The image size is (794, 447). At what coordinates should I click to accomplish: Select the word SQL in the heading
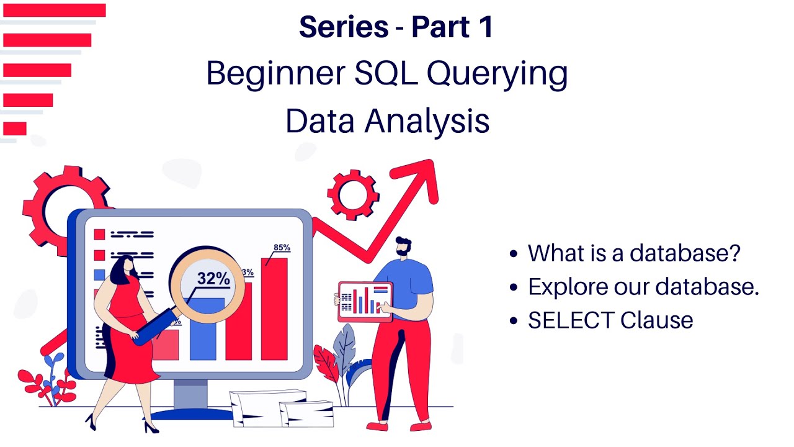click(x=378, y=74)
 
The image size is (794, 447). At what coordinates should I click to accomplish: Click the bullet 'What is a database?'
click(x=634, y=253)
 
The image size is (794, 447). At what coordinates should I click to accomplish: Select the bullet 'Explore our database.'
click(x=643, y=287)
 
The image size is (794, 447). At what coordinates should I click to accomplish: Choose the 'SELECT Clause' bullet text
click(x=610, y=320)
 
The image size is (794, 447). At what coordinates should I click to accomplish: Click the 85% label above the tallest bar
click(x=282, y=248)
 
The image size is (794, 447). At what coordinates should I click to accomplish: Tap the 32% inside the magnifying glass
click(x=213, y=279)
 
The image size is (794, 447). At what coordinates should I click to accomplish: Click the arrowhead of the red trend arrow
click(x=424, y=177)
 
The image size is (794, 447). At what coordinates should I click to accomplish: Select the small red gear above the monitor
click(x=352, y=195)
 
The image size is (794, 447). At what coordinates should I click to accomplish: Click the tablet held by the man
click(x=365, y=302)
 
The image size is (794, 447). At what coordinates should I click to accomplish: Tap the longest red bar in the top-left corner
click(x=54, y=11)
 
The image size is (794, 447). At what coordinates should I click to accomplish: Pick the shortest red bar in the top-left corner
click(x=15, y=129)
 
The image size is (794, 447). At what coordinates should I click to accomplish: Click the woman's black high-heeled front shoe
click(x=151, y=427)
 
